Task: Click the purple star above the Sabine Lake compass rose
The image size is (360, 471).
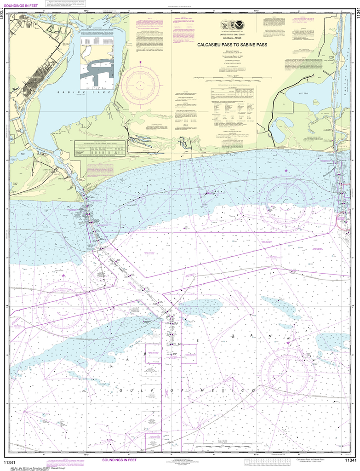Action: point(141,62)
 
